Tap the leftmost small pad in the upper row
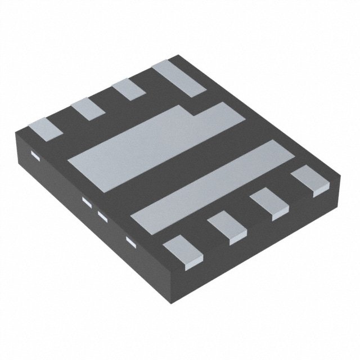45,128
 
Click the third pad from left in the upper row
130,90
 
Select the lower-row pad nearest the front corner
183,249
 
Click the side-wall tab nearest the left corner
34,156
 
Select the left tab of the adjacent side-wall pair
87,201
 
